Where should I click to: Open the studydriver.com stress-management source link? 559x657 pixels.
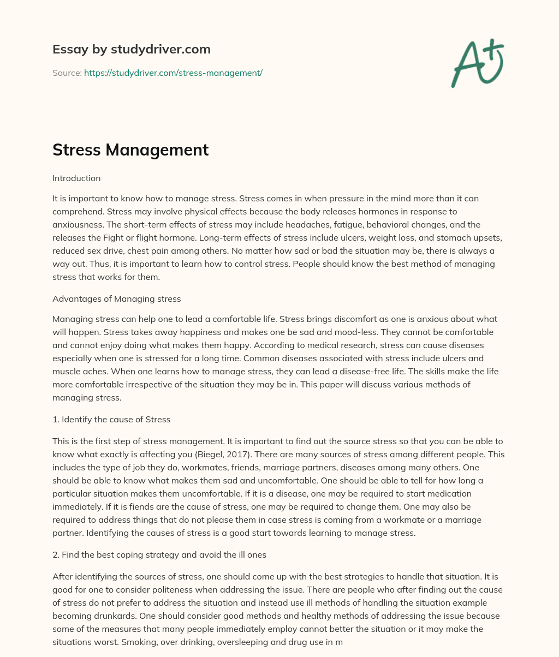click(x=173, y=73)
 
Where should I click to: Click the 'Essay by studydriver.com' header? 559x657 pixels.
click(x=131, y=49)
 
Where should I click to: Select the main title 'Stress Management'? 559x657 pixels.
click(x=130, y=150)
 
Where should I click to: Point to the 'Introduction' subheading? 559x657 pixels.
click(x=76, y=178)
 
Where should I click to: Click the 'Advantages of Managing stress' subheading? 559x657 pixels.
click(x=116, y=298)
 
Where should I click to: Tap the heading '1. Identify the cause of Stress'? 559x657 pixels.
click(x=111, y=419)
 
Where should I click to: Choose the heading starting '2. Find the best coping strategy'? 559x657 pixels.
click(x=159, y=554)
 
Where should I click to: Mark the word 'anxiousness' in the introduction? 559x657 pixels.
click(x=75, y=224)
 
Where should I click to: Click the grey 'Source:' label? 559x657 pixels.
click(x=67, y=73)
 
